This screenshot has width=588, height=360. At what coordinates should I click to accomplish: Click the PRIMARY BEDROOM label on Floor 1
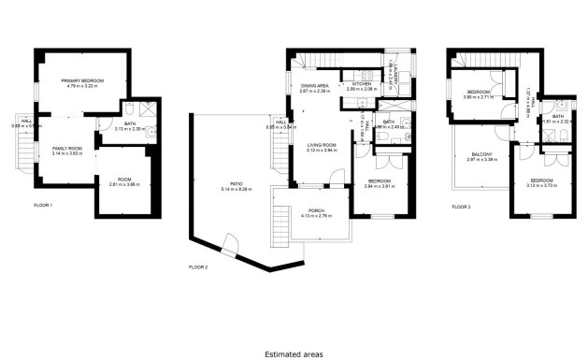pos(82,82)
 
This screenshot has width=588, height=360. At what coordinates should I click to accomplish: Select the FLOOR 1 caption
pos(43,205)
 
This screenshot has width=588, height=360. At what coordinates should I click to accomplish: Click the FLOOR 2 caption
pos(198,266)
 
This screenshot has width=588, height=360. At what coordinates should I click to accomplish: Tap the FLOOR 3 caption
pos(462,206)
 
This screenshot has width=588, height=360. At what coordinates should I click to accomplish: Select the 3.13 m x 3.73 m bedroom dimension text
pos(542,186)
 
